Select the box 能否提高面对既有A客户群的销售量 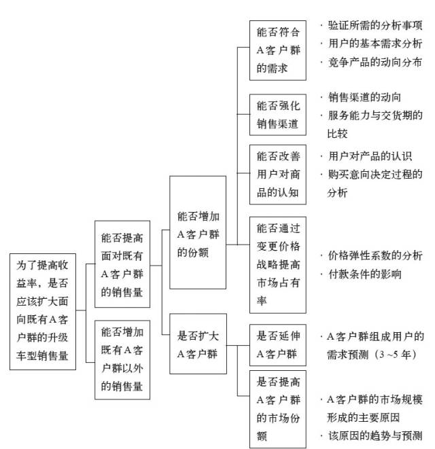click(x=122, y=266)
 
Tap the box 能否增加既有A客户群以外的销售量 click(x=122, y=360)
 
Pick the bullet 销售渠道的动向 click(x=363, y=96)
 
